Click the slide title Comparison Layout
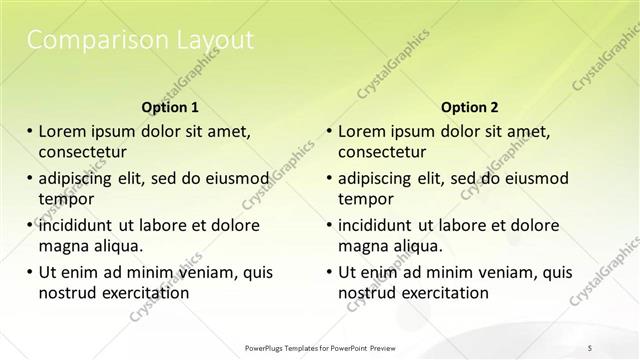(139, 40)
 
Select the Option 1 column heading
(170, 107)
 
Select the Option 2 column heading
(469, 107)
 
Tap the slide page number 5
(590, 347)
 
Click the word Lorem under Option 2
(361, 131)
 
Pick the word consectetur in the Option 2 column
(382, 152)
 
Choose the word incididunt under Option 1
(80, 225)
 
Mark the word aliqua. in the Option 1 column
(119, 246)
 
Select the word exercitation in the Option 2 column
(444, 293)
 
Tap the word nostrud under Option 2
(366, 293)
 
